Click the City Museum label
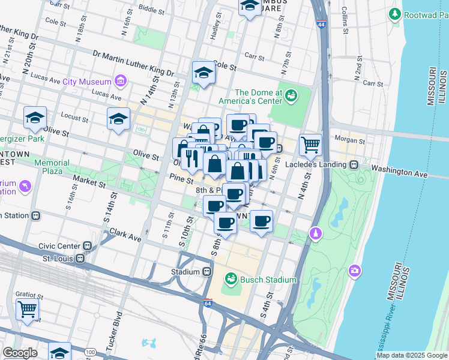[87, 82]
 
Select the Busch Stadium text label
[268, 280]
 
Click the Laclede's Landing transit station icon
[354, 164]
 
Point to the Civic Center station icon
[88, 245]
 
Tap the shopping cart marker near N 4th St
[310, 144]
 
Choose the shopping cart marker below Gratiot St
[27, 310]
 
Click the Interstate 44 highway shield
[322, 23]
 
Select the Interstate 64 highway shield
[208, 303]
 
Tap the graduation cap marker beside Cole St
[203, 73]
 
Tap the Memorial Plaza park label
[52, 167]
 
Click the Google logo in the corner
[20, 353]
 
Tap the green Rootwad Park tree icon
[395, 13]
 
